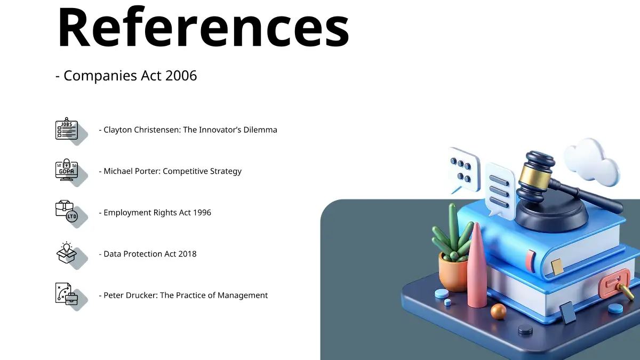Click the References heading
click(203, 27)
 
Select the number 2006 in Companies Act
click(181, 76)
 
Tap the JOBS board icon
click(67, 129)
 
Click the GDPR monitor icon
click(67, 170)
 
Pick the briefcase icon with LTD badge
click(67, 211)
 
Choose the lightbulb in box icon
click(67, 253)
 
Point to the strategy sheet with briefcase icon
click(67, 294)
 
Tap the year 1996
click(202, 213)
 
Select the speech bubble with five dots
click(464, 171)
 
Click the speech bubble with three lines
click(500, 189)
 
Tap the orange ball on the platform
click(498, 311)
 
